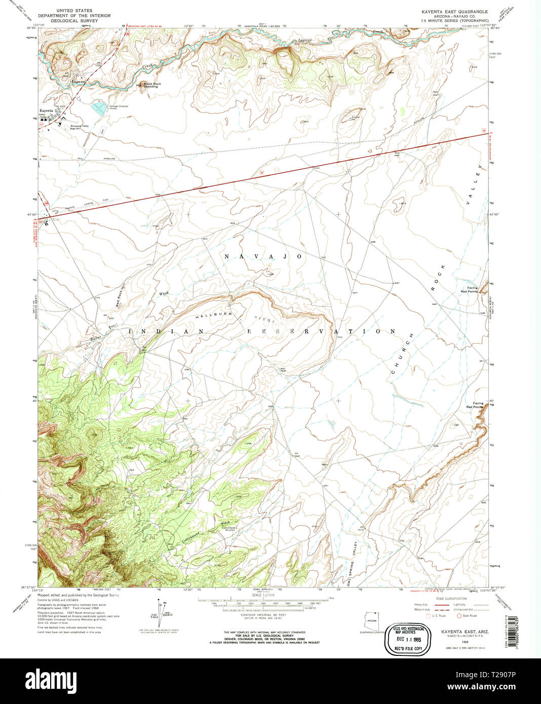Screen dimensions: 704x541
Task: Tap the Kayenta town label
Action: pos(46,109)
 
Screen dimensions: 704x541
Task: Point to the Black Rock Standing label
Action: pos(151,85)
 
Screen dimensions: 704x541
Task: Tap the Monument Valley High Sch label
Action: pos(79,127)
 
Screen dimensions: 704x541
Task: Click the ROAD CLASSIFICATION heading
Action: pos(445,598)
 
